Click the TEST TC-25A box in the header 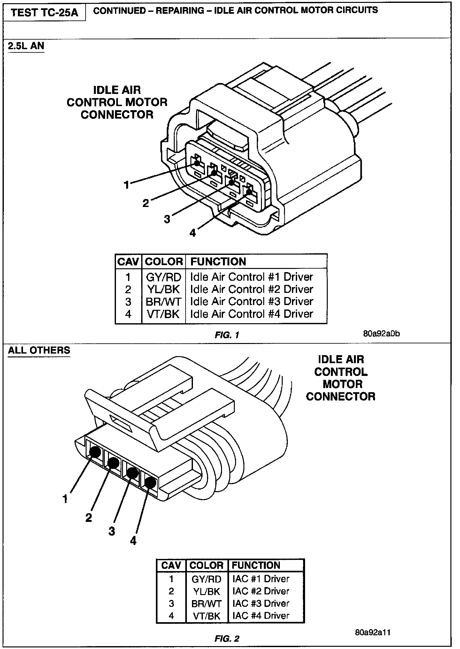[44, 13]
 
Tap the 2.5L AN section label [26, 46]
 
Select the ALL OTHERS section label [39, 350]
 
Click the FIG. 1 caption [227, 335]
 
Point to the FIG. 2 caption [227, 638]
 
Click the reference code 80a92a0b [381, 334]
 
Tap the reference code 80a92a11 [373, 632]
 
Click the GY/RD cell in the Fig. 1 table [164, 277]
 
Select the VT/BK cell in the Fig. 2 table [207, 615]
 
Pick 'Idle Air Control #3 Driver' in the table [252, 301]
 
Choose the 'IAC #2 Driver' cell [261, 591]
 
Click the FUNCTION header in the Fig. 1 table [218, 262]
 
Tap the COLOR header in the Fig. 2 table [206, 565]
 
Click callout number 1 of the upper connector [126, 184]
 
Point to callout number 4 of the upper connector [193, 233]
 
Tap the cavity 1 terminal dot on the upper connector [197, 163]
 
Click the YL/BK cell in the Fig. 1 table [164, 289]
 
